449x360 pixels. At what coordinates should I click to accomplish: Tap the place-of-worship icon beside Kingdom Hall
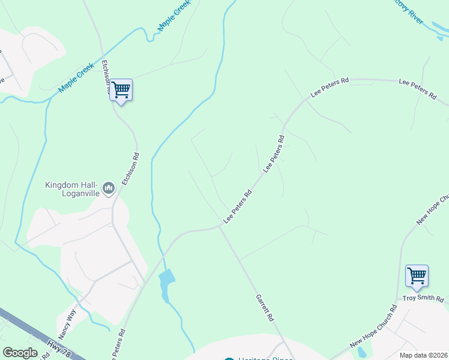[109, 189]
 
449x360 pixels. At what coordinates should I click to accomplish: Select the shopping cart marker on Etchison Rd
[121, 91]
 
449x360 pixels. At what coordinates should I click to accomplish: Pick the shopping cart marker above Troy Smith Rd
[417, 276]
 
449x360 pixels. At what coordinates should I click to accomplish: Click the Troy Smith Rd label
[423, 299]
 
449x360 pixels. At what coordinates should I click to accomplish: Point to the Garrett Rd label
[265, 307]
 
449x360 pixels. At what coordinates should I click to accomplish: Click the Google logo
[20, 353]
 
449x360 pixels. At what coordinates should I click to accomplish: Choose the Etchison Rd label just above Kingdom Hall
[130, 167]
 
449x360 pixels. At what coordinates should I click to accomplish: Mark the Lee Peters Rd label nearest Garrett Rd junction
[237, 208]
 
